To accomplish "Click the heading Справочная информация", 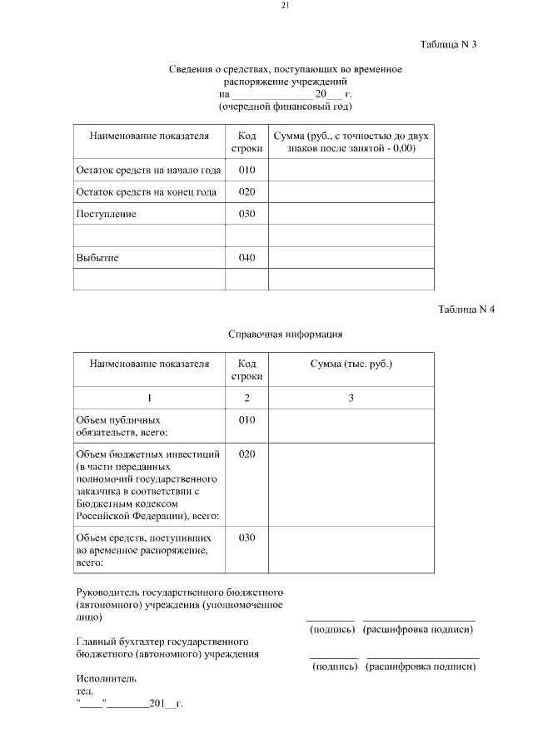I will tap(286, 334).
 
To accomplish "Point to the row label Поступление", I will tap(106, 214).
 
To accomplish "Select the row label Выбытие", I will tap(97, 258).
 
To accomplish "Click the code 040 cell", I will tap(247, 258).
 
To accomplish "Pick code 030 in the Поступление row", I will tap(247, 214).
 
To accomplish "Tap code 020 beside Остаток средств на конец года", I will tap(247, 192).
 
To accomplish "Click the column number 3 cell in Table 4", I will tap(351, 399).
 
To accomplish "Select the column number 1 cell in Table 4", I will tap(150, 399).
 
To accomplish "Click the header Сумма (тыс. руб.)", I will tap(351, 364).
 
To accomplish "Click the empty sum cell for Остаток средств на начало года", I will tap(351, 171).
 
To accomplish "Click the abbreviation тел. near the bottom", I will tap(85, 691).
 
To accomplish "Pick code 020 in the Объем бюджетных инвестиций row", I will tap(247, 455).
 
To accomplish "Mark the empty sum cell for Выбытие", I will tap(351, 258).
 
